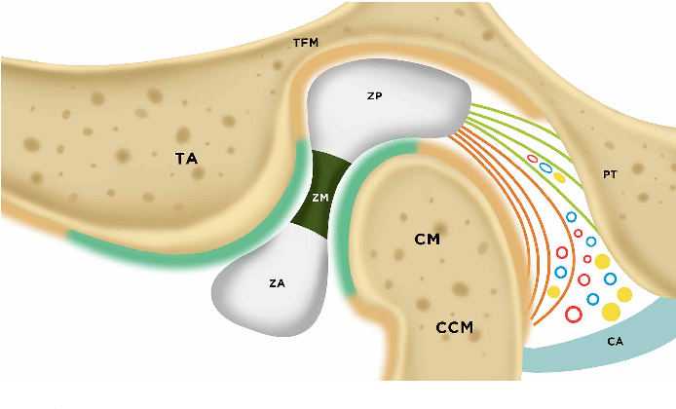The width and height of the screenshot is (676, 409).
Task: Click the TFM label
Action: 306,43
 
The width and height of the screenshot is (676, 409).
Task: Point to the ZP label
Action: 374,97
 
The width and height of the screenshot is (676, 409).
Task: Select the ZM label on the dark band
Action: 319,197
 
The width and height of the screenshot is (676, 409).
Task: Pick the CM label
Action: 427,238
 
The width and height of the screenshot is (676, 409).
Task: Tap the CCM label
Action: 454,328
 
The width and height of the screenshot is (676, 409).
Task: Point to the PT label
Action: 611,174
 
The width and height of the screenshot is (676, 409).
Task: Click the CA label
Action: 615,342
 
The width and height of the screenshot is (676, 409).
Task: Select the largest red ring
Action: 573,314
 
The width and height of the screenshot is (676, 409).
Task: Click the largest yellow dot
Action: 611,312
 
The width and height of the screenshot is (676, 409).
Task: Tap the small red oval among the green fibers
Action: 532,159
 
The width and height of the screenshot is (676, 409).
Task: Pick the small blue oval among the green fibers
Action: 545,168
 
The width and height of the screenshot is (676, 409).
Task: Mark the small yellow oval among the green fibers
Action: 559,178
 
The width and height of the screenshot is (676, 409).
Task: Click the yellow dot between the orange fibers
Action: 553,291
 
